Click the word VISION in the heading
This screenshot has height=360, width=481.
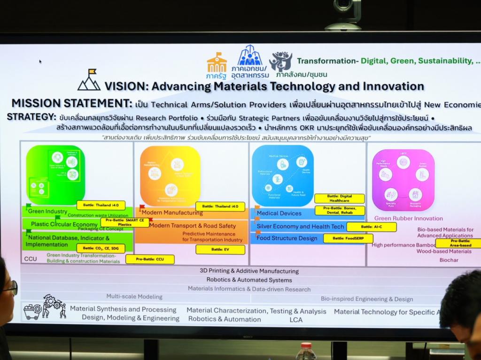[124, 86]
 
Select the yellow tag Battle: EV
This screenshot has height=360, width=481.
[220, 250]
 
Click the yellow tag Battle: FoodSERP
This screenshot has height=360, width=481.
[348, 238]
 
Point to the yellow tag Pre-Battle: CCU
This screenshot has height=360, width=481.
[150, 259]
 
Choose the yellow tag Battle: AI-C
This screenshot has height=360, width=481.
[371, 227]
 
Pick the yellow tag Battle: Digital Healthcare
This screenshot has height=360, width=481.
[339, 199]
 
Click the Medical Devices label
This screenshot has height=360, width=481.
[279, 213]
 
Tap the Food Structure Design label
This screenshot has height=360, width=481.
[287, 238]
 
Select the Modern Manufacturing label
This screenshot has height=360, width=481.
[172, 213]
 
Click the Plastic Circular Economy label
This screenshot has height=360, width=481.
[64, 224]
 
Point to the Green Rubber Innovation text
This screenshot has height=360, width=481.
[408, 218]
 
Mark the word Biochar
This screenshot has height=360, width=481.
[449, 260]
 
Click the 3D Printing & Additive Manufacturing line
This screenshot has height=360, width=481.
[249, 271]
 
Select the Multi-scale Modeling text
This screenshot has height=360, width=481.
[134, 297]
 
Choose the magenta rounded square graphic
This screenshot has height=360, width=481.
[403, 180]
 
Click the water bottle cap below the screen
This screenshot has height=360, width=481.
[306, 346]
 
